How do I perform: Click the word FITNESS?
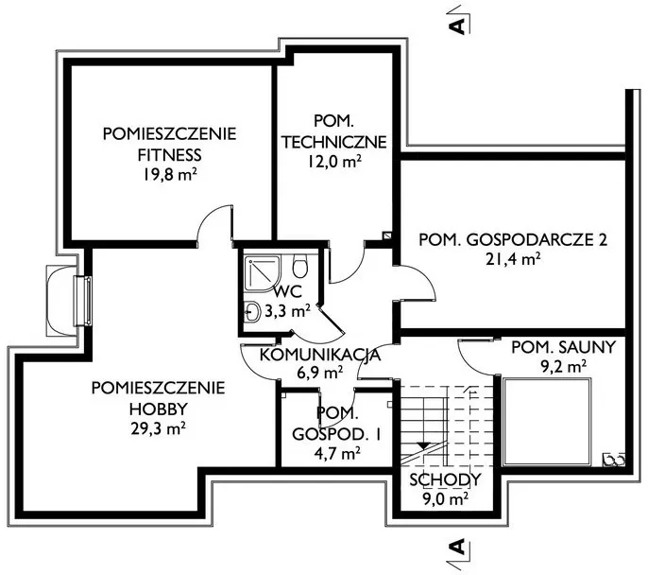click(x=169, y=155)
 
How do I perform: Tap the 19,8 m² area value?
click(x=169, y=175)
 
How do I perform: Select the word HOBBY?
click(x=159, y=409)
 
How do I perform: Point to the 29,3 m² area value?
click(x=158, y=429)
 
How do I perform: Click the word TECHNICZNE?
click(x=334, y=142)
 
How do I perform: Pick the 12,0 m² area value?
click(x=334, y=162)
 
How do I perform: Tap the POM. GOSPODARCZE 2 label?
click(x=513, y=240)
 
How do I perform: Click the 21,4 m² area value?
click(x=513, y=260)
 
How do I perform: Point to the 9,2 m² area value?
click(x=564, y=367)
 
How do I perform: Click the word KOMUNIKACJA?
click(x=320, y=355)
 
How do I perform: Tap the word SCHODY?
click(x=445, y=479)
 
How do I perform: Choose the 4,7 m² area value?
click(x=336, y=454)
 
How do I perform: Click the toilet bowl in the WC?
click(x=299, y=267)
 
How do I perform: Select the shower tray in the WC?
click(x=262, y=273)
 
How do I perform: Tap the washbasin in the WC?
click(x=251, y=311)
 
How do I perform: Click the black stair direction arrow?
click(x=422, y=445)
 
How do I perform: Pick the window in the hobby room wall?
click(x=82, y=301)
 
